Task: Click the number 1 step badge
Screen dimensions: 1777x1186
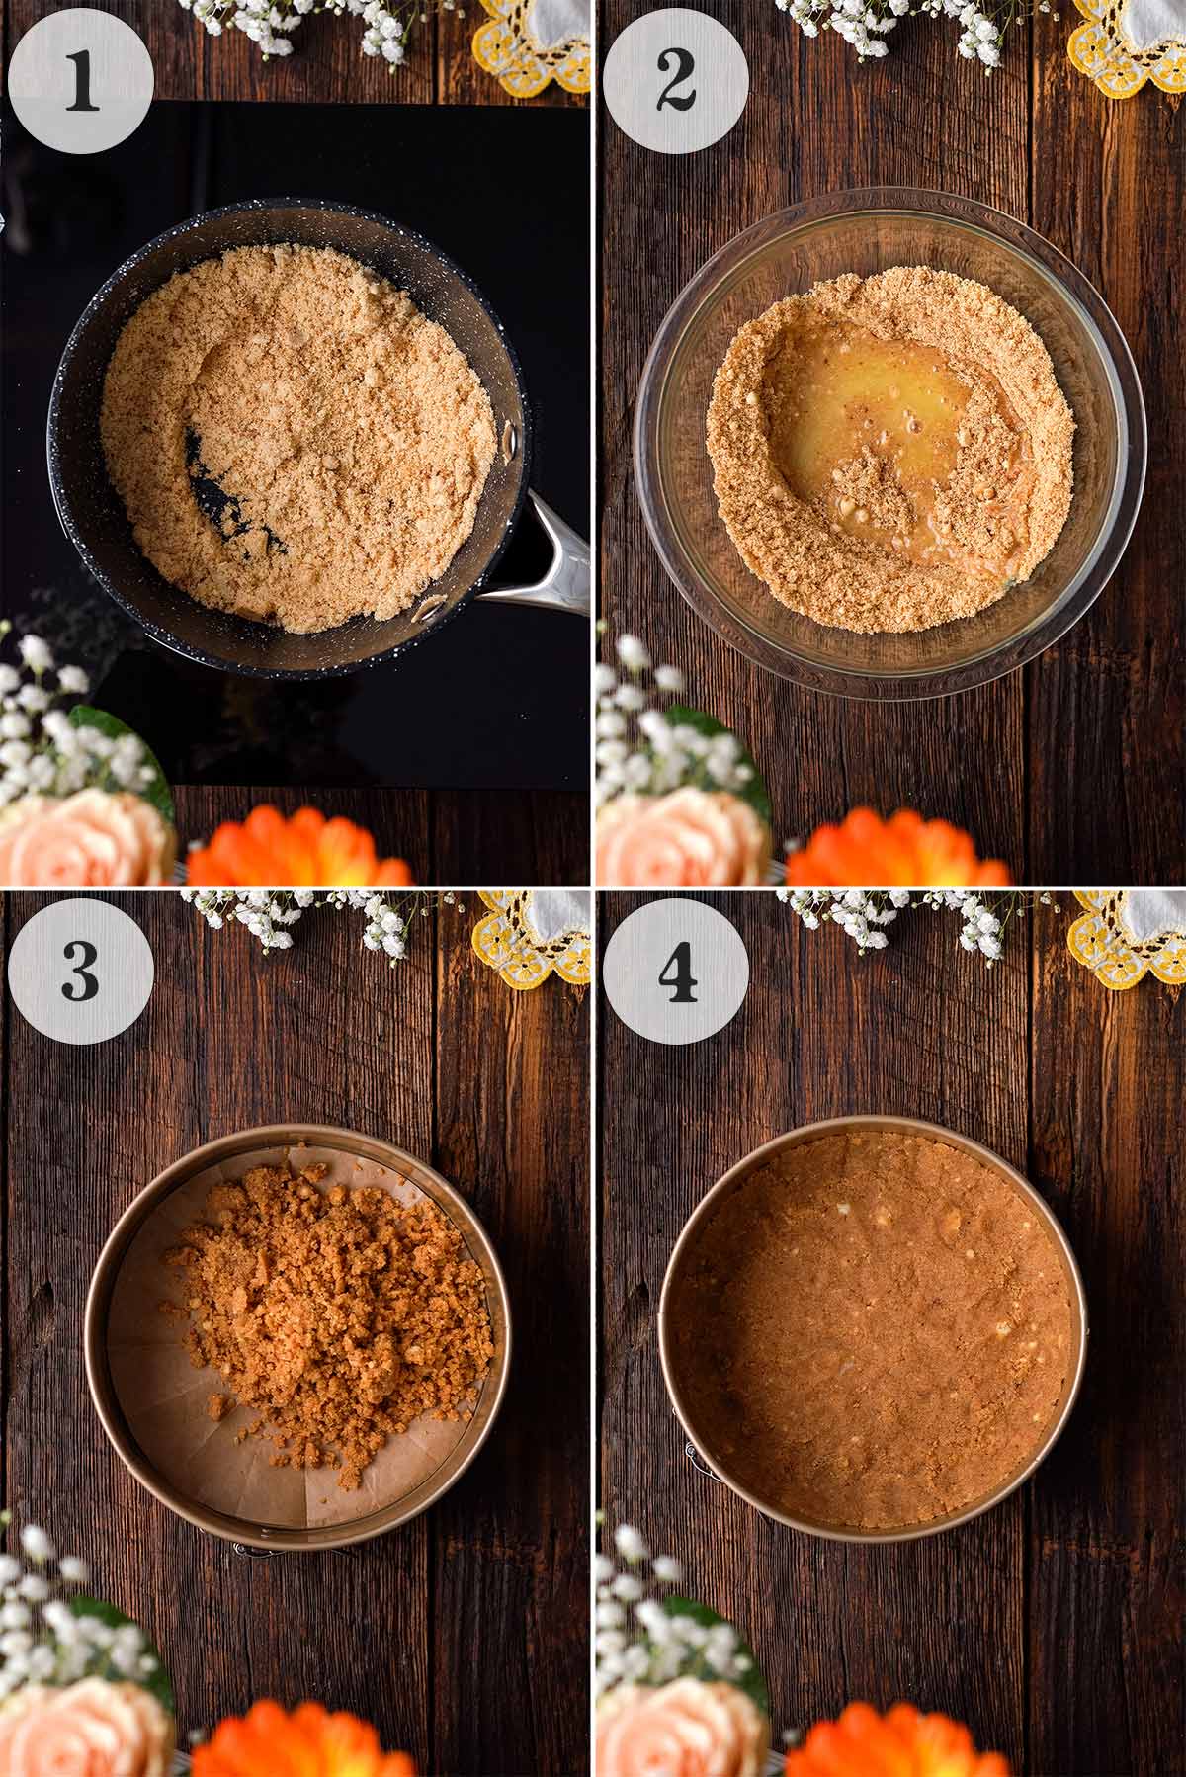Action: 81,81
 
